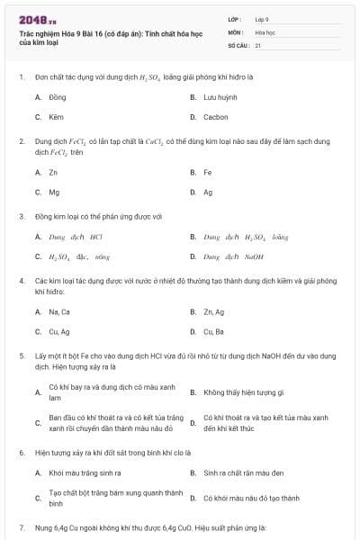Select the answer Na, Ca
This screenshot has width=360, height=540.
point(59,311)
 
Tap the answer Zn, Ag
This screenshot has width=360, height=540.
point(213,311)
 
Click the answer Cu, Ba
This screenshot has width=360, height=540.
point(213,332)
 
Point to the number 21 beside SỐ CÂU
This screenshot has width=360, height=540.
point(258,44)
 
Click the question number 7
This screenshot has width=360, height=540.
point(22,526)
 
